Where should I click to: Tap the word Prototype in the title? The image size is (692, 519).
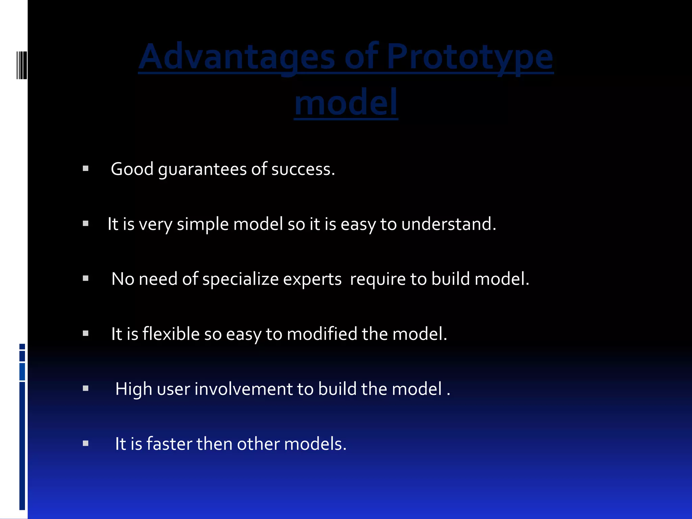coord(470,57)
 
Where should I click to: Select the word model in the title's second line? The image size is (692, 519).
coord(346,102)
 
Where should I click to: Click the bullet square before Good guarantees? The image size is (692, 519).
coord(85,168)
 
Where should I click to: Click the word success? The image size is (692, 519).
coord(303,169)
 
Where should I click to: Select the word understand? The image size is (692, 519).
coord(448,224)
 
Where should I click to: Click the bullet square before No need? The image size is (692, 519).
coord(85,278)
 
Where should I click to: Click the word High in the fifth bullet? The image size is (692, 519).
coord(134,389)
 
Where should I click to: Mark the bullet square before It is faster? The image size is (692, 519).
coord(85,443)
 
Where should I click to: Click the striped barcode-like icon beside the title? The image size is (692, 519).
coord(22,65)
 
